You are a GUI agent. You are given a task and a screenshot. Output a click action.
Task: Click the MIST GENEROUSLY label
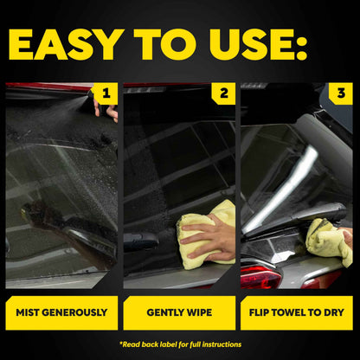tap(62, 312)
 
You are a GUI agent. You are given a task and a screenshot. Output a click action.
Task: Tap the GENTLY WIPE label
tap(180, 312)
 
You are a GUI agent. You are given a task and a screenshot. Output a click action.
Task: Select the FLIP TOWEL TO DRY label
tap(297, 312)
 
